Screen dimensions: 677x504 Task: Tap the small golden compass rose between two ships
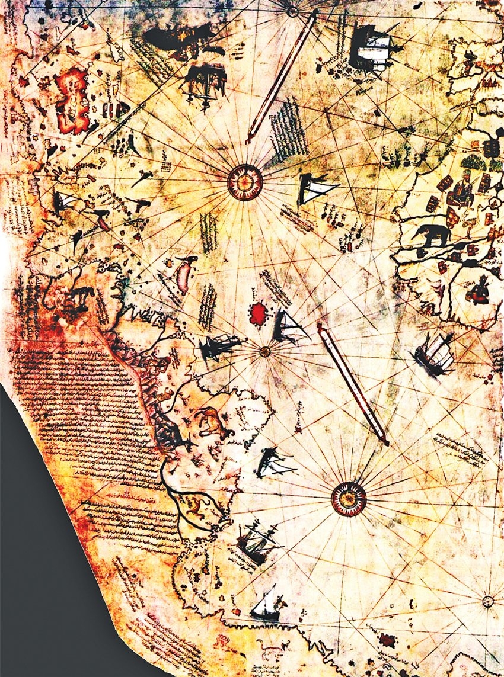coord(265,351)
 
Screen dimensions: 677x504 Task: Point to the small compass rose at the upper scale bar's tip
coord(293,10)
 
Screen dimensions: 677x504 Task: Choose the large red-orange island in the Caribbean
coord(73,100)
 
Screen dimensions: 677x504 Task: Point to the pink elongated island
coord(184,273)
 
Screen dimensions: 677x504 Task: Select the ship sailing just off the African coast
coord(435,353)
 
